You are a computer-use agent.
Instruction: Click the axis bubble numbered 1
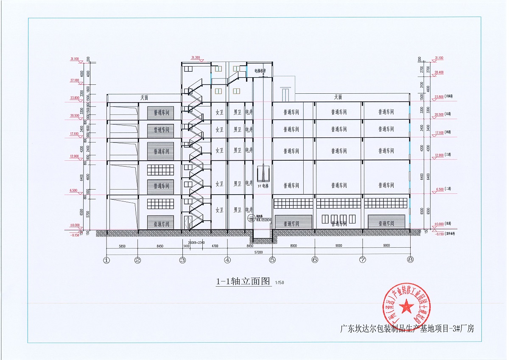coord(106,260)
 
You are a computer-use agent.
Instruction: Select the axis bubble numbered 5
coord(272,260)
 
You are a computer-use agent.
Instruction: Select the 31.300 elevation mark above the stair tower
coord(196,57)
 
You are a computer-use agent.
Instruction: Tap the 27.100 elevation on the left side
coord(75,80)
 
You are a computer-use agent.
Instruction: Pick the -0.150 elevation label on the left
coord(75,234)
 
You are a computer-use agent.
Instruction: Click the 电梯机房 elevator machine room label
coord(260,71)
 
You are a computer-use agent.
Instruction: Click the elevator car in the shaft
coord(264,174)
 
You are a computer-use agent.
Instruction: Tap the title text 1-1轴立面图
coord(243,281)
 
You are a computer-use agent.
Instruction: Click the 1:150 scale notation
coord(279,282)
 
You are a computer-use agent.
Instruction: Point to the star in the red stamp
coord(407,304)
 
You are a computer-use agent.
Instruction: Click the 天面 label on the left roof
coord(145,98)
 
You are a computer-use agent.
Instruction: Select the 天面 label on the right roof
coord(338,98)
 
